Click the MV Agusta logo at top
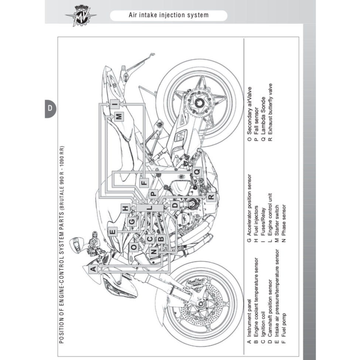pos(80,15)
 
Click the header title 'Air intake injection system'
pos(168,15)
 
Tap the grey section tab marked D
pos(50,109)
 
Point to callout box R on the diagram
pos(210,196)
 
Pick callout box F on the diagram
pos(144,182)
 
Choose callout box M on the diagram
pos(119,117)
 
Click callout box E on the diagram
pos(113,232)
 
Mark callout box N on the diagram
pos(154,252)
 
